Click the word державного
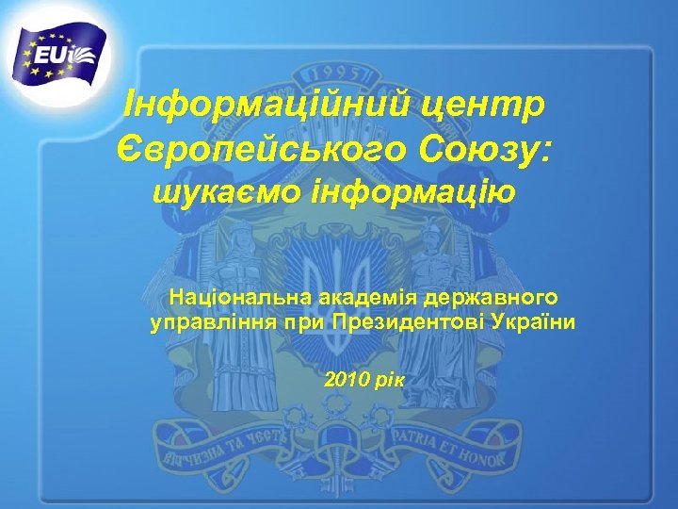tap(491, 300)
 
